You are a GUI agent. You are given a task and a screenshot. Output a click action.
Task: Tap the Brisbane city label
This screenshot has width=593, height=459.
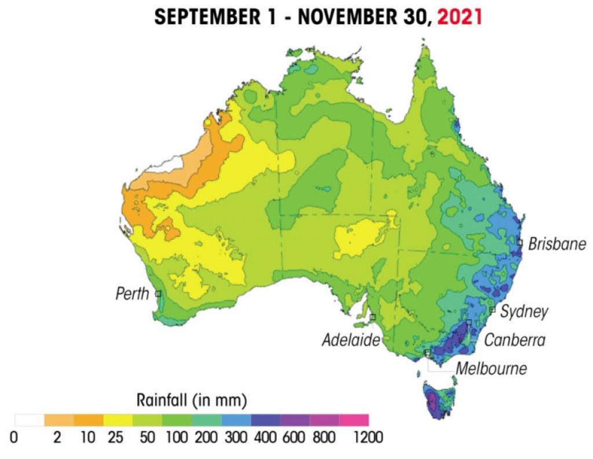click(x=557, y=244)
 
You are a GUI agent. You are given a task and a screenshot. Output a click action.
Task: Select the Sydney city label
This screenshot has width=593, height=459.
click(x=524, y=312)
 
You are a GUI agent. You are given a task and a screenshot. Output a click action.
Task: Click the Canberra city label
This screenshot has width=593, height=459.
click(x=515, y=340)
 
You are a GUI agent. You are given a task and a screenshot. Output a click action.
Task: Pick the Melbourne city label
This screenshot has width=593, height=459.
click(x=491, y=368)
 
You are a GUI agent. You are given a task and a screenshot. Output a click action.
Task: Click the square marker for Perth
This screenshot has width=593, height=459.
click(x=158, y=294)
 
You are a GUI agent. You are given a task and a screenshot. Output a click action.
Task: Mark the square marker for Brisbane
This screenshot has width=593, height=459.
click(x=520, y=242)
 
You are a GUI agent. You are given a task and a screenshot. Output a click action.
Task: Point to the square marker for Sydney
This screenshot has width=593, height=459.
click(x=492, y=310)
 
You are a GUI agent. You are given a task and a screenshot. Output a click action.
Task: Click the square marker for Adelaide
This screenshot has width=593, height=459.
click(x=373, y=317)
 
